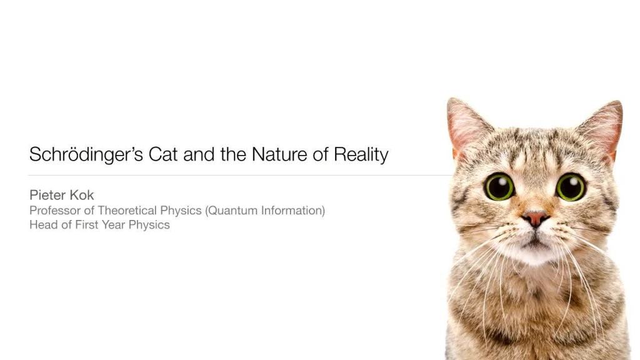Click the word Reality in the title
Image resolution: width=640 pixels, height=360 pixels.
pos(361,154)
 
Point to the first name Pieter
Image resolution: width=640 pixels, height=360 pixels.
pos(47,195)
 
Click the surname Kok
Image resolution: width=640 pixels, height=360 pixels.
pos(81,195)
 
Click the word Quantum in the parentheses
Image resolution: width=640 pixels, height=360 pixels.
pos(231,211)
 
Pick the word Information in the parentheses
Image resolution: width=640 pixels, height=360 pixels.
pos(292,211)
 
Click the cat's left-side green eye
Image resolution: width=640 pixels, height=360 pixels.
pos(499,187)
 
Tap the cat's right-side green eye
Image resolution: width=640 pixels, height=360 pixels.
pos(571,187)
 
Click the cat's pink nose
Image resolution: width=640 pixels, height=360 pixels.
pos(536,218)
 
